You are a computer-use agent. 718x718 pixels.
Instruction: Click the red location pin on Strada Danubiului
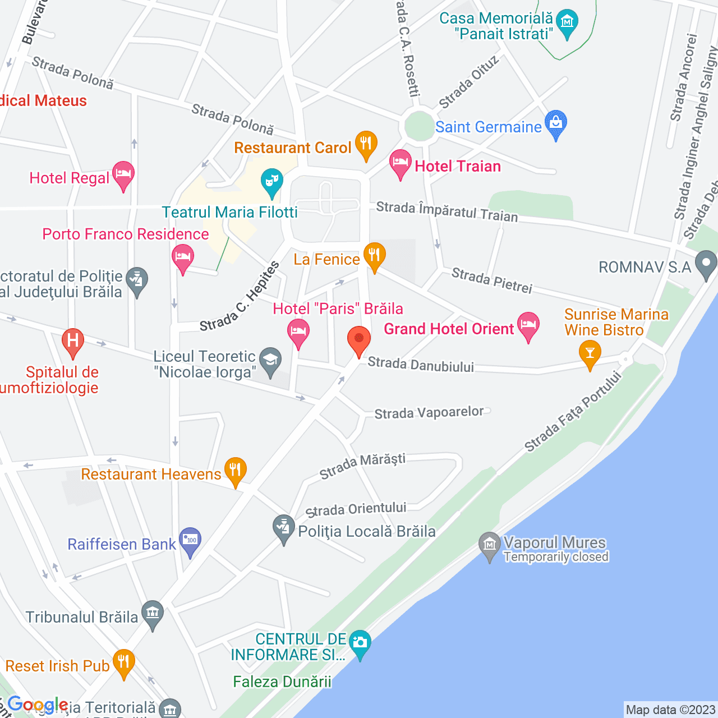point(359,340)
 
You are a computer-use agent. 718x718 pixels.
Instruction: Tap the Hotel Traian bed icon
point(401,163)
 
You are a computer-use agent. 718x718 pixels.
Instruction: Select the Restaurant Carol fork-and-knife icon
point(366,144)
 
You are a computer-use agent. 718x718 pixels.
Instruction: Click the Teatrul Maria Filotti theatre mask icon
point(272,181)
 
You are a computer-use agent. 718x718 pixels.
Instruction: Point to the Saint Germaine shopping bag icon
point(556,123)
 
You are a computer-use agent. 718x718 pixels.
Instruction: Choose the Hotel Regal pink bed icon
point(123,175)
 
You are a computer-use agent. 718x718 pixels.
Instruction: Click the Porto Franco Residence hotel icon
point(183,258)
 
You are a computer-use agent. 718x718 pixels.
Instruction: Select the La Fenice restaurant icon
point(374,256)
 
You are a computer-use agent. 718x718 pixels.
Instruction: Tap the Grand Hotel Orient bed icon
point(528,325)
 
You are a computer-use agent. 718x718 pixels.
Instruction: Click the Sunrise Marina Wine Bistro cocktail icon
point(590,354)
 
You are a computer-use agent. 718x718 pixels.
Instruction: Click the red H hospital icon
point(72,341)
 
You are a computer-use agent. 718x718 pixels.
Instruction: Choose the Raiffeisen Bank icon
point(190,541)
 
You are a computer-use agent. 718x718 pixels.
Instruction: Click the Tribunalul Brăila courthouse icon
point(153,614)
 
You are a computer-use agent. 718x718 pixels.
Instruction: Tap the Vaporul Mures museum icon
point(490,545)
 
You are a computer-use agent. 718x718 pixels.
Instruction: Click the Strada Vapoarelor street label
point(429,413)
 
